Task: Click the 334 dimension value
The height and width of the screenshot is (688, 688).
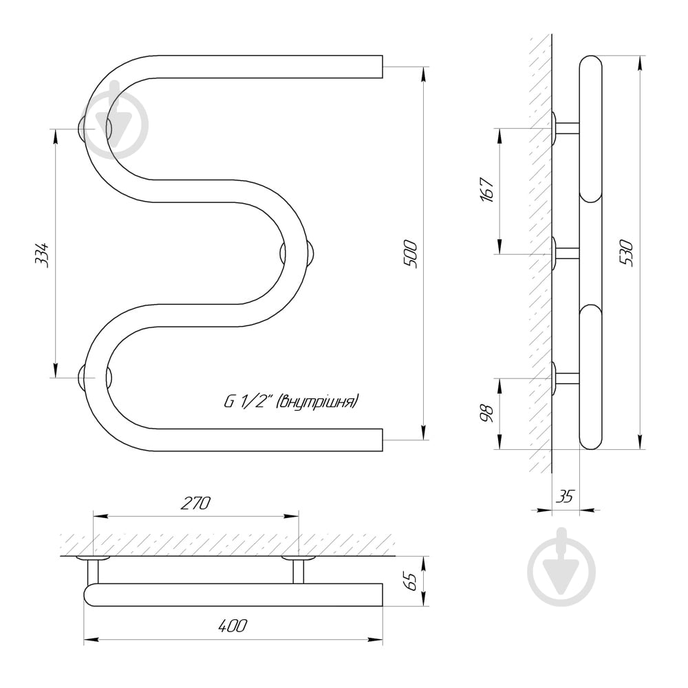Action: [42, 254]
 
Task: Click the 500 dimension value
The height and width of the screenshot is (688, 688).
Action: [411, 253]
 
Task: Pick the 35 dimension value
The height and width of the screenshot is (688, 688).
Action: [566, 495]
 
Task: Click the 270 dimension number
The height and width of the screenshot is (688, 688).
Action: [195, 503]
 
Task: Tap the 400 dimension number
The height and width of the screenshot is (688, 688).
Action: [233, 626]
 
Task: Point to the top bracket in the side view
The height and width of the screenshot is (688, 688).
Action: [565, 128]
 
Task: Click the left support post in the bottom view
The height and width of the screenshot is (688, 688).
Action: [93, 570]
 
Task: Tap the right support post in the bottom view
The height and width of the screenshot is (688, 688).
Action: [299, 570]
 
